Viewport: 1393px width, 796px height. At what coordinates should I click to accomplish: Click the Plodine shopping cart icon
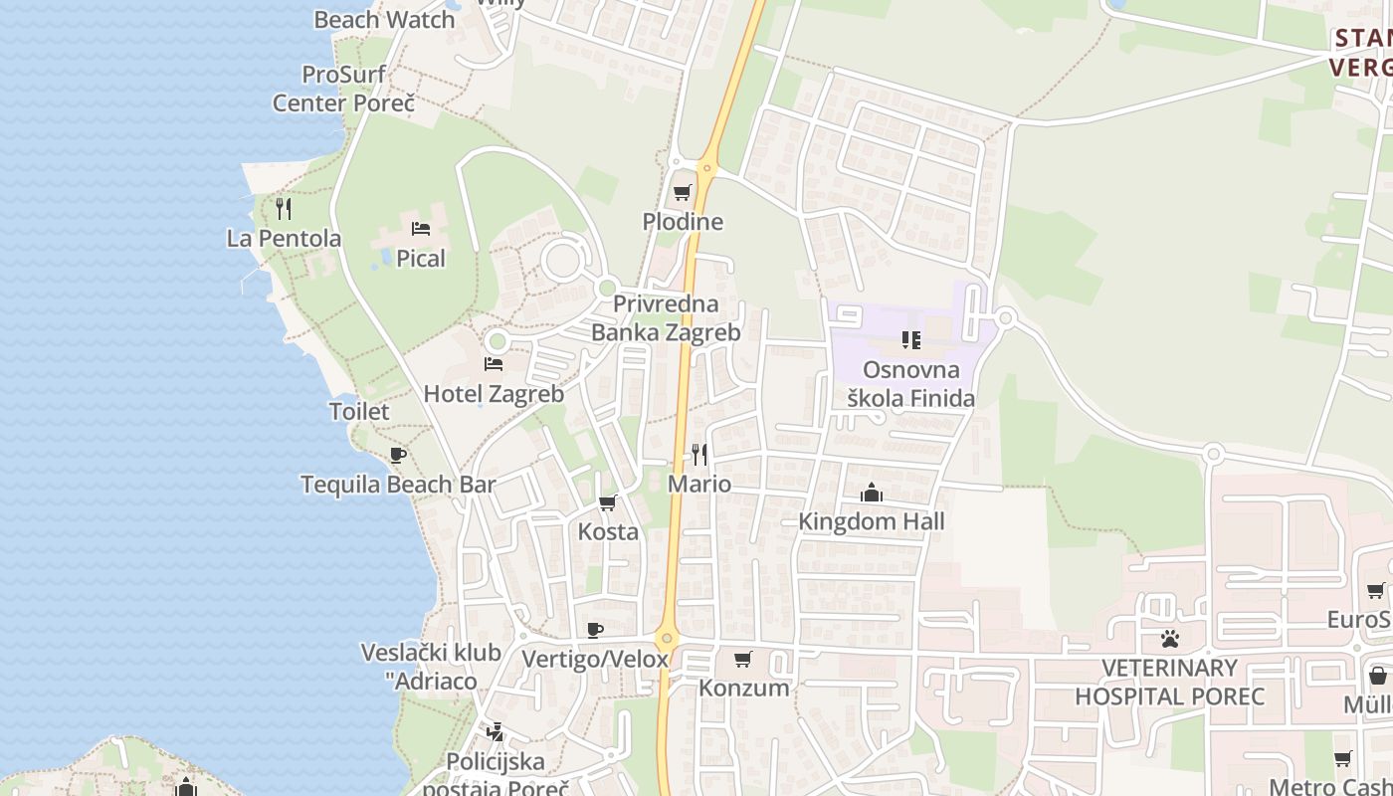(682, 192)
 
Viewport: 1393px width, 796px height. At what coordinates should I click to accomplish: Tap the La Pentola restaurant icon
(284, 208)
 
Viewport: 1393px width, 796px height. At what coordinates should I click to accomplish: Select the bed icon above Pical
(421, 229)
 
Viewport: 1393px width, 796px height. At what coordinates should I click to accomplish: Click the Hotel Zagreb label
(494, 394)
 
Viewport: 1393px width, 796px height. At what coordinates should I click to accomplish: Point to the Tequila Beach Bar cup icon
(398, 455)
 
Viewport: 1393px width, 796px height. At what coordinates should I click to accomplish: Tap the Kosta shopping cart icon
(608, 502)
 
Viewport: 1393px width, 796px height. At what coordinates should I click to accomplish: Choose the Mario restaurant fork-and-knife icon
(699, 455)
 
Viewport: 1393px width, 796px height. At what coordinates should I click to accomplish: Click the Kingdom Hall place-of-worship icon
(872, 493)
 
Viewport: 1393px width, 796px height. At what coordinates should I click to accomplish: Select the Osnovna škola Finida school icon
(910, 340)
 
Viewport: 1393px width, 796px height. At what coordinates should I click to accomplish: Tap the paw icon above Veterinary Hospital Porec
(1170, 638)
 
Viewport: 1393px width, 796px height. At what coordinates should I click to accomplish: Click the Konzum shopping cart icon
(742, 659)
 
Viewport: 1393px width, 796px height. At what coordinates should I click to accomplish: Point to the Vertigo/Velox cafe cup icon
(595, 630)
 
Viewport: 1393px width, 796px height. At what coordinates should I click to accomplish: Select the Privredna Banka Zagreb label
(666, 318)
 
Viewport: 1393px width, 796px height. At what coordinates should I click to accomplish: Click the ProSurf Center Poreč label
(343, 89)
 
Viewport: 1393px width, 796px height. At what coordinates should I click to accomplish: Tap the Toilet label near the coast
(359, 411)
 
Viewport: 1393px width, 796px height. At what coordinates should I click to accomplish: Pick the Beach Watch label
(384, 19)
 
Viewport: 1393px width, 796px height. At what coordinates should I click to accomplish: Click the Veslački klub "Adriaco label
(431, 668)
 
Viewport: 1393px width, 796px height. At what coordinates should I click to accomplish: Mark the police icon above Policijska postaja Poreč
(495, 733)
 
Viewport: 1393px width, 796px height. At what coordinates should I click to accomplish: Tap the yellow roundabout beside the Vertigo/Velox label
(667, 638)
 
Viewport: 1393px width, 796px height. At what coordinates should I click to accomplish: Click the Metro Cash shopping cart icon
(1342, 758)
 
